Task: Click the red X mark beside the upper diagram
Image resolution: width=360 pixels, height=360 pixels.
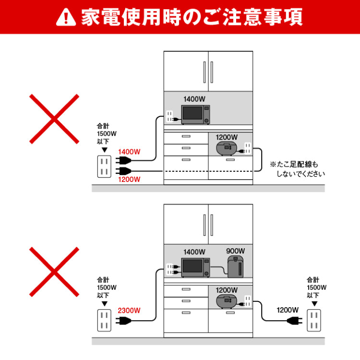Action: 54,119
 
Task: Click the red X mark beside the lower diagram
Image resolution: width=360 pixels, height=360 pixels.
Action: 54,272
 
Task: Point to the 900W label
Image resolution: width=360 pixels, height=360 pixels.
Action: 235,251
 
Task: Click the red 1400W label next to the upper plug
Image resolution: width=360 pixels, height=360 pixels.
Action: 129,152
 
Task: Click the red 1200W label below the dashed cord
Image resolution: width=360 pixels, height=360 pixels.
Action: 129,180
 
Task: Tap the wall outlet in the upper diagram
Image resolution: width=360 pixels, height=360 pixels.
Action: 104,167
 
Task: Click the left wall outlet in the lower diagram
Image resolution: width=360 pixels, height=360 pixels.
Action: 104,320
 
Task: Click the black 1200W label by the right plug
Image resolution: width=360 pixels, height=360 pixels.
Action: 288,310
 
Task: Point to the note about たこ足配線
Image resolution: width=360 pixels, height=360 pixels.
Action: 297,169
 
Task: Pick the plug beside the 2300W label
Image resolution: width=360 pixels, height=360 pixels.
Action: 122,320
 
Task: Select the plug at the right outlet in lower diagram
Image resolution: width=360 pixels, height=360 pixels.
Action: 295,320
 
